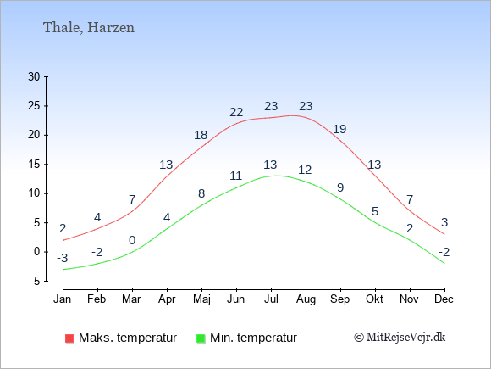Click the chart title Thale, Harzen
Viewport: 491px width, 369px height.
coord(89,28)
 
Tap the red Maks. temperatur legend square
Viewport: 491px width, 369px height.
coord(69,338)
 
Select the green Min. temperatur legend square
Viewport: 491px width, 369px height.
coord(201,338)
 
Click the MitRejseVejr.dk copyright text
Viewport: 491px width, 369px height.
coord(400,338)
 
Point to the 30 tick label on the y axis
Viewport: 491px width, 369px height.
coord(34,76)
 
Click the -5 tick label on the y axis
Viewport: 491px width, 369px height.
coord(36,281)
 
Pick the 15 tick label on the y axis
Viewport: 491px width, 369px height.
coord(34,164)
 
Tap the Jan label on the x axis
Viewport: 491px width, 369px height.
coord(63,299)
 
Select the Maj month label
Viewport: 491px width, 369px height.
coord(201,299)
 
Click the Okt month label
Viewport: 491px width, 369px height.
coord(374,299)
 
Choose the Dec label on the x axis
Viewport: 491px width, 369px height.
coord(444,299)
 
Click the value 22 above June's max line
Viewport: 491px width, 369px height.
coord(236,112)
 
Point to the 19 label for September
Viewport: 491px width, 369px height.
coord(339,129)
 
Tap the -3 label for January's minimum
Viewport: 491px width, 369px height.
coord(63,258)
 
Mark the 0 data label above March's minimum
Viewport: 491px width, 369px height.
coord(132,240)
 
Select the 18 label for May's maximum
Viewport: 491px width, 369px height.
coord(201,135)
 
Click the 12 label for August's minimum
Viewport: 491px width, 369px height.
coord(305,170)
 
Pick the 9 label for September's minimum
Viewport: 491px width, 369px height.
coord(340,187)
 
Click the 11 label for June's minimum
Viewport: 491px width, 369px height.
coord(236,176)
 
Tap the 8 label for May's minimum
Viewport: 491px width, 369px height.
coord(201,193)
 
